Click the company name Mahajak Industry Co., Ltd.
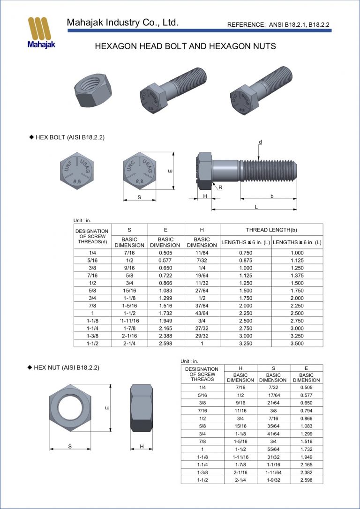pyautogui.click(x=122, y=22)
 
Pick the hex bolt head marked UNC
pyautogui.click(x=139, y=170)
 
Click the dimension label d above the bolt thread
pyautogui.click(x=261, y=142)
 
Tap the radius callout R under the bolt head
pyautogui.click(x=220, y=187)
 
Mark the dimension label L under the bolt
pyautogui.click(x=255, y=207)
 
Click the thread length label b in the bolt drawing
pyautogui.click(x=272, y=196)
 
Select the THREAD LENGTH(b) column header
pyautogui.click(x=271, y=230)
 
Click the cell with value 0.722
pyautogui.click(x=165, y=275)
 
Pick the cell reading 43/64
pyautogui.click(x=202, y=313)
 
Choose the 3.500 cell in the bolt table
pyautogui.click(x=297, y=343)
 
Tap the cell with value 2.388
pyautogui.click(x=165, y=336)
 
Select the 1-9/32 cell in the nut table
pyautogui.click(x=273, y=480)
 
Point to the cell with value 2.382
pyautogui.click(x=306, y=472)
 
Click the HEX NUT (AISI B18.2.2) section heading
pyautogui.click(x=66, y=368)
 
